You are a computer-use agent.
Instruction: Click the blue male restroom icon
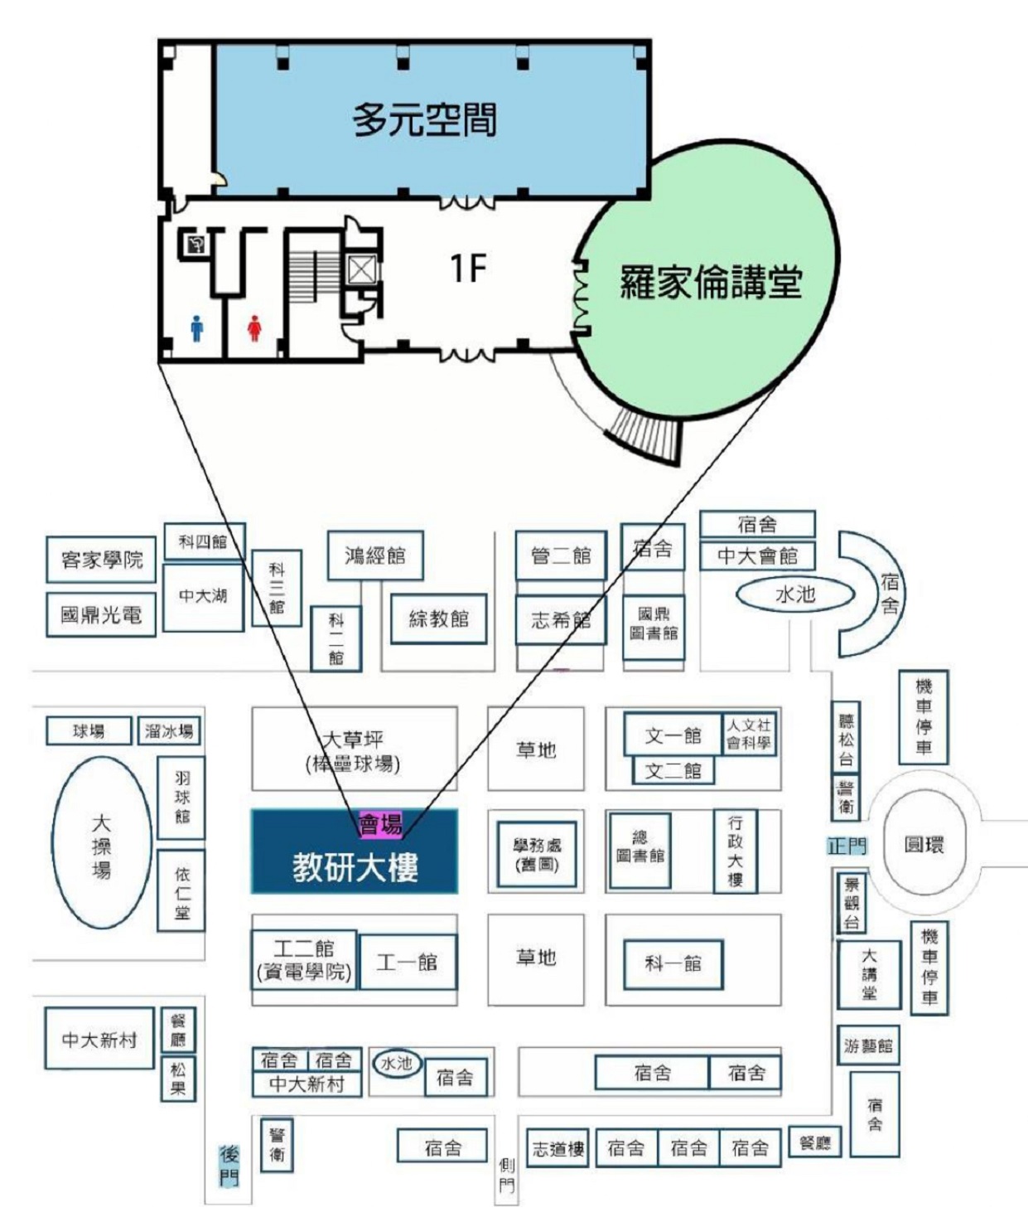point(196,327)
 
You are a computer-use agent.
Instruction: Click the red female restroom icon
point(254,327)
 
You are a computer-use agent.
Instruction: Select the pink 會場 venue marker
point(380,823)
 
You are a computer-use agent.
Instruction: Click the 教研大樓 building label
point(355,867)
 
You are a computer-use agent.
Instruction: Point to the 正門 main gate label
point(847,846)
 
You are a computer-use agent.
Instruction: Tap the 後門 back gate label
point(229,1165)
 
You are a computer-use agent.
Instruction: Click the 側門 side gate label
point(506,1176)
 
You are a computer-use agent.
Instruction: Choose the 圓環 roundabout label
point(924,845)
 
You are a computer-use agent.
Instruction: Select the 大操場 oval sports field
point(101,845)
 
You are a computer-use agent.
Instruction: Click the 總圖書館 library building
point(639,848)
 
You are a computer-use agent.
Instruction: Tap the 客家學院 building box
point(101,560)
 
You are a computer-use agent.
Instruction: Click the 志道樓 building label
point(557,1148)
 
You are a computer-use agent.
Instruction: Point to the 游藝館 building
point(867,1045)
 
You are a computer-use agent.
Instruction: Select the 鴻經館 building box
point(375,555)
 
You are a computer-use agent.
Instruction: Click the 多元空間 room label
point(424,119)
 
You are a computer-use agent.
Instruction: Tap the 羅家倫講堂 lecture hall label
point(711,282)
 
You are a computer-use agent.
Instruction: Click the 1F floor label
point(467,268)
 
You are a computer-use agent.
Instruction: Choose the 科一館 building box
point(673,963)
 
